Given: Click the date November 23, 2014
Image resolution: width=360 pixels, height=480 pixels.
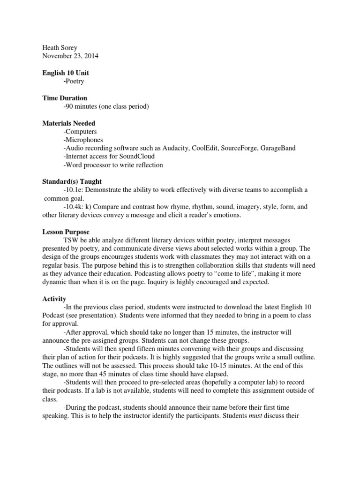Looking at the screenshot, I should [x=70, y=56].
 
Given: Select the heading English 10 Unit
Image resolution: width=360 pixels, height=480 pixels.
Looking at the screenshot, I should [x=65, y=73].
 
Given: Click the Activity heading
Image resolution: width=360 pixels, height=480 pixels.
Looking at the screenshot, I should [x=54, y=299].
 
